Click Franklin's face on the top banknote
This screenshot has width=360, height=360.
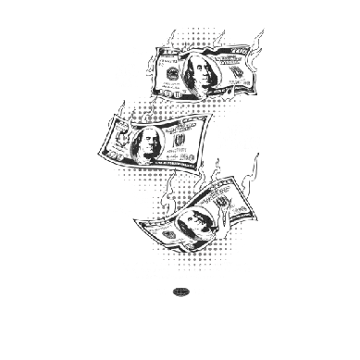point(205,73)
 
